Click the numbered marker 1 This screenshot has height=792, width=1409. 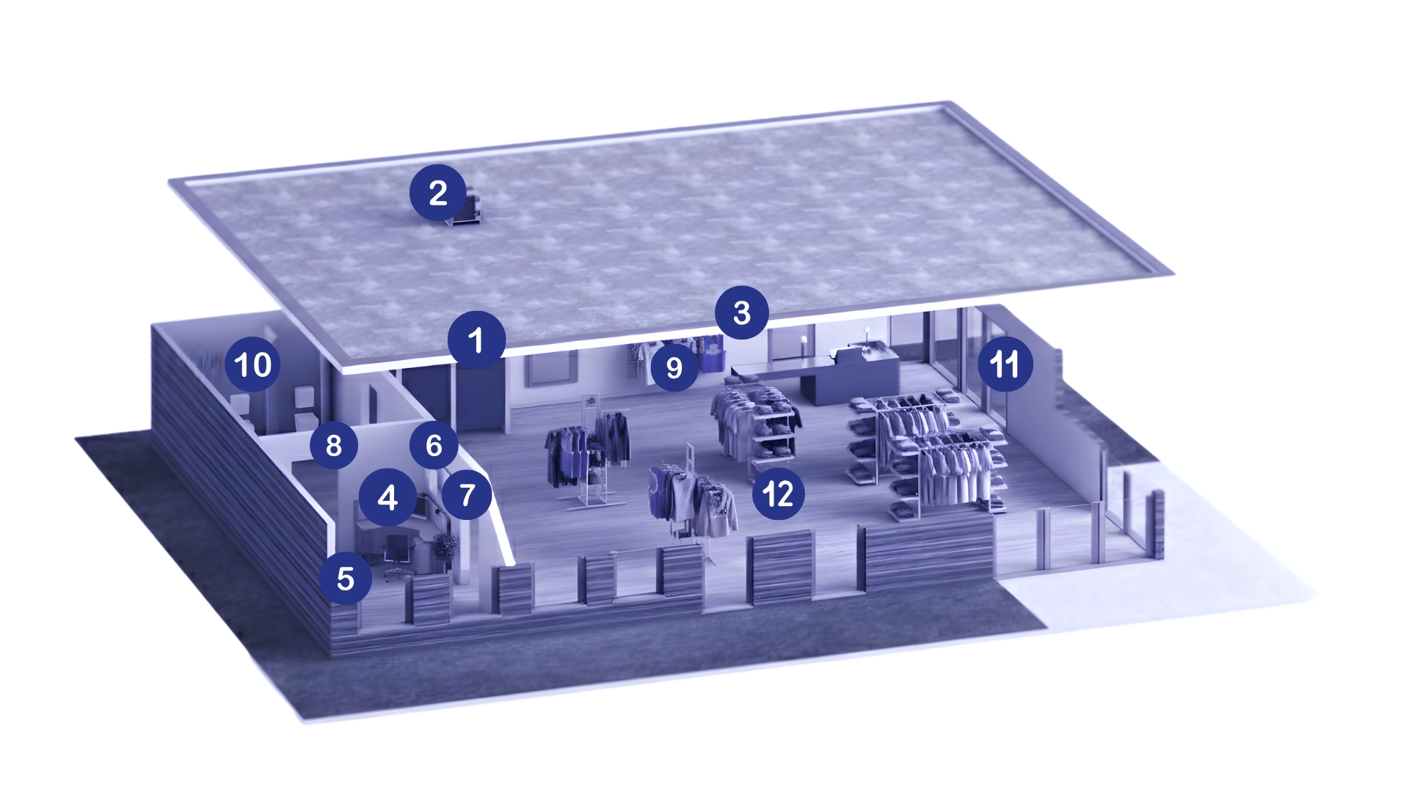coord(476,340)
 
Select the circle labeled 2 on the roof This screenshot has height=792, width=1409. coord(438,193)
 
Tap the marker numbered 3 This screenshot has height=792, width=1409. coord(741,312)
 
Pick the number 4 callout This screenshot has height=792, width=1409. coord(387,497)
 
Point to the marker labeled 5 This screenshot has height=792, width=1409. coord(345,579)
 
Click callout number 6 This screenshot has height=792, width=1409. coord(434,444)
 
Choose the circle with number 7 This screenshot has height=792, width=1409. coord(467,495)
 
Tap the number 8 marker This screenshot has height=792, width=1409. coord(333,444)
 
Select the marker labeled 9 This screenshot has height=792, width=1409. coord(674,367)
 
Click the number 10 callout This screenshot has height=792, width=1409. coord(252,364)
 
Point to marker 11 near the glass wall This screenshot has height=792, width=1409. coord(1005,363)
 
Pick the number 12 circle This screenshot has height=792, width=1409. coord(778,494)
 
